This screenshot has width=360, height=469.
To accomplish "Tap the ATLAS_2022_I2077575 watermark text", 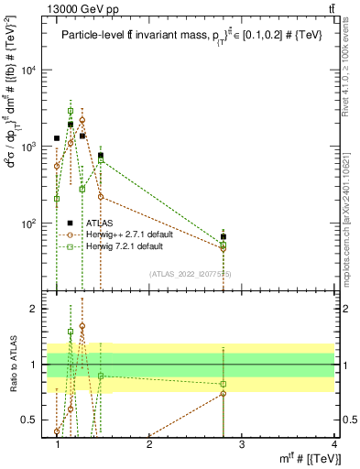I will pyautogui.click(x=190, y=274).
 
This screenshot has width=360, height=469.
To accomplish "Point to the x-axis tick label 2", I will pyautogui.click(x=149, y=444).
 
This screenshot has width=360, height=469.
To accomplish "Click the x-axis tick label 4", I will pyautogui.click(x=333, y=444).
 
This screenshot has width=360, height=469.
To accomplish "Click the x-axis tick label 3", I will pyautogui.click(x=242, y=444).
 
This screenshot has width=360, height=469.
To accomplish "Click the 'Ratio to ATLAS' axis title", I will pyautogui.click(x=12, y=365).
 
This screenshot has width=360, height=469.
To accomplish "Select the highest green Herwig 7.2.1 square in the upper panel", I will pyautogui.click(x=71, y=111).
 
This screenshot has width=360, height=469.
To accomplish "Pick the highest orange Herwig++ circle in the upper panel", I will pyautogui.click(x=82, y=120).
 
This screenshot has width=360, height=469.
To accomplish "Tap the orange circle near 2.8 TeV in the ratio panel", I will pyautogui.click(x=224, y=394).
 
